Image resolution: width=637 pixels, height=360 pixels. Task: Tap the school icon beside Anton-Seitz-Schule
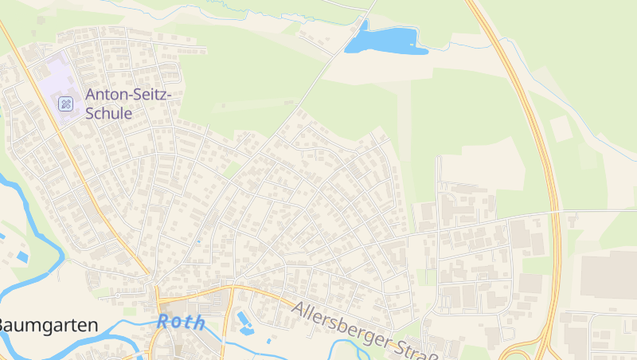(x=65, y=103)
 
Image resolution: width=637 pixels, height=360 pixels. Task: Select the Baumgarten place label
(x=48, y=325)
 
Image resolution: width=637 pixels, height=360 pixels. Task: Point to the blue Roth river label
(x=181, y=323)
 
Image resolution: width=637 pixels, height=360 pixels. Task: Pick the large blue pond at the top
(x=385, y=40)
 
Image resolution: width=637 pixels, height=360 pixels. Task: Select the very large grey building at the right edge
(x=609, y=275)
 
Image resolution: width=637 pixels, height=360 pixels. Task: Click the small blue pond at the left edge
(x=21, y=256)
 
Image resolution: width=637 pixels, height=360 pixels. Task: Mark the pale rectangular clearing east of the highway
(x=561, y=128)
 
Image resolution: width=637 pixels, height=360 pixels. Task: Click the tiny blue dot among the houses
(x=198, y=240)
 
